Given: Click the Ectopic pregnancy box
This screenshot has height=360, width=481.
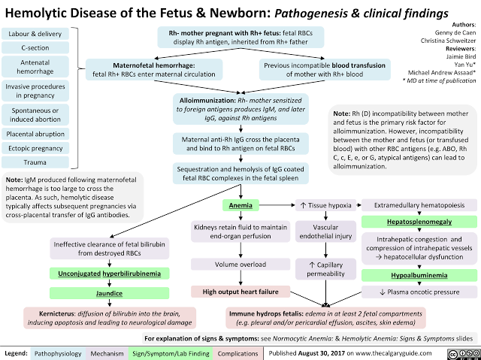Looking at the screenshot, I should pyautogui.click(x=34, y=148).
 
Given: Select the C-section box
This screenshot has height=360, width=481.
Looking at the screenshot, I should pyautogui.click(x=34, y=49).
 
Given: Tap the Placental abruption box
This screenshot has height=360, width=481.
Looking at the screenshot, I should pyautogui.click(x=34, y=134).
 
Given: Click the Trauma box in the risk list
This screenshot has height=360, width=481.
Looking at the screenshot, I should pyautogui.click(x=34, y=162).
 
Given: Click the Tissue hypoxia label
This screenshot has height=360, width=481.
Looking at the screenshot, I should pyautogui.click(x=325, y=205).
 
